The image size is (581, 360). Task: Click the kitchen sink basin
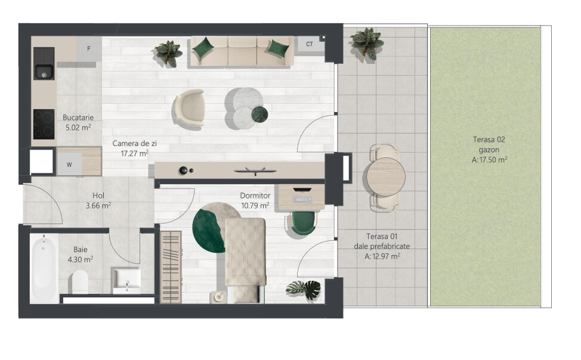(44, 72)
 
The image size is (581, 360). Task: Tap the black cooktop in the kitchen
(44, 124)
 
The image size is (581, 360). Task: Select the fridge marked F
(89, 48)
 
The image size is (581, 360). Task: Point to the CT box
(310, 44)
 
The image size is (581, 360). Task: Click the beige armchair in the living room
(189, 108)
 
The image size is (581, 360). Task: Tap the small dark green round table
(259, 114)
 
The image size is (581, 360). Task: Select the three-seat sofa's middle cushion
(242, 51)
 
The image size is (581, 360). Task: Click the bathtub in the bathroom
(44, 268)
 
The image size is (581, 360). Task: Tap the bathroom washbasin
(126, 280)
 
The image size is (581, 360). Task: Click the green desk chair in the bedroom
(303, 223)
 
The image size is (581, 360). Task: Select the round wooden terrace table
(386, 177)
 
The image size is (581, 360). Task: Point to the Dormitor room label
(255, 195)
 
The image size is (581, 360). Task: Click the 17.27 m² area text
(134, 153)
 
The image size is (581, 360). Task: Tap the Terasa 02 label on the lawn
(489, 139)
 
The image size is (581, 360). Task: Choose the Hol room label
(98, 195)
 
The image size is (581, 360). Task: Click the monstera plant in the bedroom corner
(304, 289)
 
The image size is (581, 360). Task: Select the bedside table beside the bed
(218, 297)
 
